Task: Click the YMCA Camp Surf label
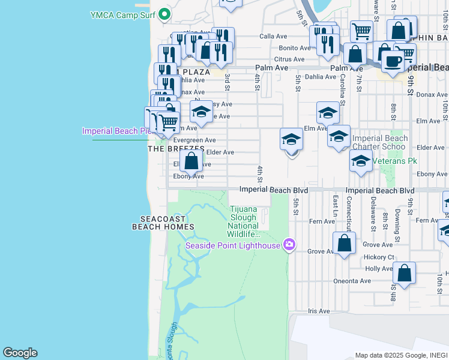coord(123,14)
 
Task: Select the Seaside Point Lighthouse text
coord(233,245)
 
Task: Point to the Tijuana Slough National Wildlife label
coord(243,221)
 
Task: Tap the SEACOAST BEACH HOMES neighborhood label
coord(163,223)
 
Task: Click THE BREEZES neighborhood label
coord(172,149)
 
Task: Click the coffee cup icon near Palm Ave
coord(393,61)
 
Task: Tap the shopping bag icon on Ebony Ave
coord(191,161)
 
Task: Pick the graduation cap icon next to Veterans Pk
coord(361,161)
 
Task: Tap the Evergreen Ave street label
coord(194,140)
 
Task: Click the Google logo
coord(20,353)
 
